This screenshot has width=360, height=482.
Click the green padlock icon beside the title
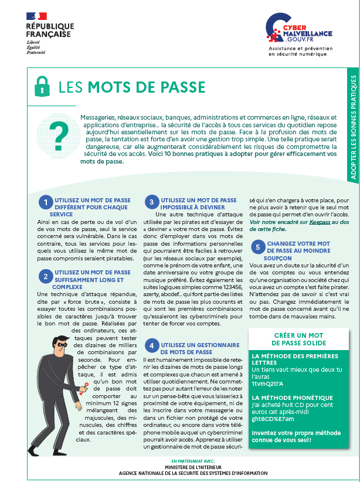42,86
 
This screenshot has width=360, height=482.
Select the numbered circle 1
45,203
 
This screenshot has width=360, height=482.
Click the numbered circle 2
45,276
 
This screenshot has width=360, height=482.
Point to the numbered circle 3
151,203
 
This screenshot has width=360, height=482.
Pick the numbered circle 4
151,345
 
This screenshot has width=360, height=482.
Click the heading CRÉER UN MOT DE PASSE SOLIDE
299,340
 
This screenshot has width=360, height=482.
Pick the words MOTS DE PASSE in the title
147,88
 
